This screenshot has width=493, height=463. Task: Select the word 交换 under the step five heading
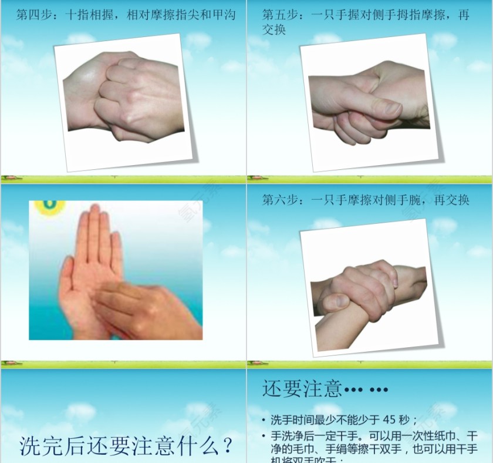click(273, 29)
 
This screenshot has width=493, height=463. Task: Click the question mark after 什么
click(227, 447)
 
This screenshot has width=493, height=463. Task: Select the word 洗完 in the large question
click(39, 447)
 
